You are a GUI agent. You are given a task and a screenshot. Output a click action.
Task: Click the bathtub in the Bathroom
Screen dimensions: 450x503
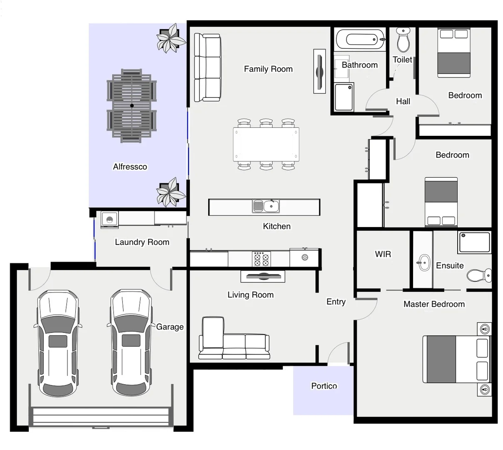(361, 40)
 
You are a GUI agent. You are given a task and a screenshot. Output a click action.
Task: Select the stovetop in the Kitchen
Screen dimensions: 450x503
(261, 259)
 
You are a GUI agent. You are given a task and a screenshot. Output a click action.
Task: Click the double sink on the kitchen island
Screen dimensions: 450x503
(265, 206)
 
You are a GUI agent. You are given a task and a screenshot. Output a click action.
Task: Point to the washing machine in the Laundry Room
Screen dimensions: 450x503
(110, 220)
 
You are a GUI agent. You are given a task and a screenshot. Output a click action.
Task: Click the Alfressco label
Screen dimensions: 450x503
(130, 167)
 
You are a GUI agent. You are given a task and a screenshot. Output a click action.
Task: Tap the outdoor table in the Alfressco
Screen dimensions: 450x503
(132, 106)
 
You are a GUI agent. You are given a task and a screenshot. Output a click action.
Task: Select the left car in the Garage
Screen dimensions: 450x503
(58, 342)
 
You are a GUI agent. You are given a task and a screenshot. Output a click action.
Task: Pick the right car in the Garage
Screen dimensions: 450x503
(131, 342)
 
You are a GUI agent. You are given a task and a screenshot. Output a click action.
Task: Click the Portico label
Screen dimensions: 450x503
(324, 386)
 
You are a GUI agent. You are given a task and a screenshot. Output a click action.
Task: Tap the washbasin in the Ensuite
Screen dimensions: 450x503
(423, 262)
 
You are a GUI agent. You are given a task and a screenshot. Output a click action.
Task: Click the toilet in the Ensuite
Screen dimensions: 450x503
(478, 275)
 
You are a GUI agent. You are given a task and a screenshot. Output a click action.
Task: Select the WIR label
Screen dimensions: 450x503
(383, 254)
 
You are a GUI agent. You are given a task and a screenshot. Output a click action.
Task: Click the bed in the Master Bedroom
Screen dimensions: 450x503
(456, 359)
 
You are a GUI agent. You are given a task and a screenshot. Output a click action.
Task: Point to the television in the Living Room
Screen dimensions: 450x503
(263, 276)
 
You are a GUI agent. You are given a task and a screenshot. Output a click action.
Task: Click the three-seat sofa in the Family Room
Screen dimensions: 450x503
(207, 67)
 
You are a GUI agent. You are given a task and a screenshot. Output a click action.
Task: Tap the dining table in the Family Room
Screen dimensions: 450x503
(266, 145)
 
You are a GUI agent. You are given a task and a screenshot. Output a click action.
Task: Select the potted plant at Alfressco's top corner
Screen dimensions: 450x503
(170, 39)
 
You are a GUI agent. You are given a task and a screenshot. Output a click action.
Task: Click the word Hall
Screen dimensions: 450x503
(403, 101)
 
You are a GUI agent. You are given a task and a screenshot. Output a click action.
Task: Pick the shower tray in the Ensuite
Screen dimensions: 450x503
(474, 242)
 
